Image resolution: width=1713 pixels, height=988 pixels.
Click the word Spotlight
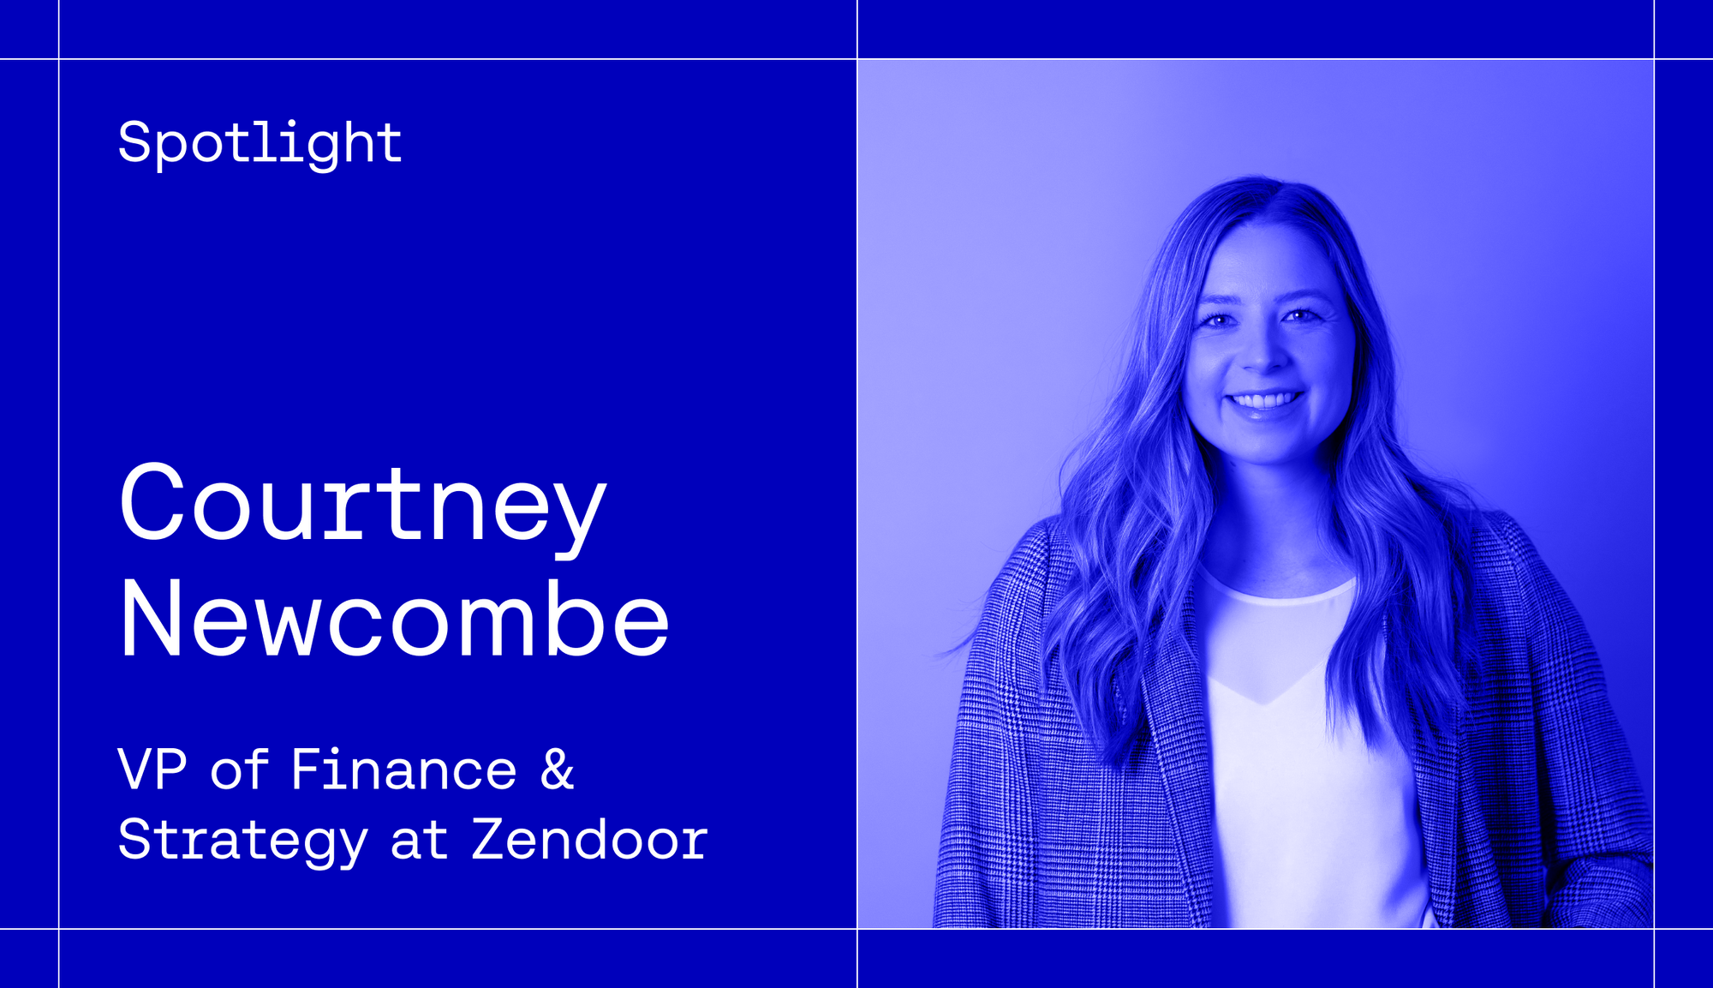click(x=260, y=143)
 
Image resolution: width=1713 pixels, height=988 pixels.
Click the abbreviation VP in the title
click(x=152, y=769)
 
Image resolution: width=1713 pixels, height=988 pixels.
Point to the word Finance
click(x=403, y=769)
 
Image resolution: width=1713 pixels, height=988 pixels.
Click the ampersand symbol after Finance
click(x=558, y=769)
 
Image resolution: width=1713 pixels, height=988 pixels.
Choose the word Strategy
click(x=243, y=841)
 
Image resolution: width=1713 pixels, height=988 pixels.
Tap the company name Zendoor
click(x=589, y=839)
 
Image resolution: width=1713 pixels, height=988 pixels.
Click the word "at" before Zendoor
click(x=419, y=841)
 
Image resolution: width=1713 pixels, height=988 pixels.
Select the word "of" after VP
click(x=239, y=769)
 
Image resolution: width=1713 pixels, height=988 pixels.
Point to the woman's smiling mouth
click(x=1265, y=403)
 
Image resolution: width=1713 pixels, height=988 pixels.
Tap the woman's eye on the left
click(x=1217, y=320)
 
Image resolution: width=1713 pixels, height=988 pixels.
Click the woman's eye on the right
click(x=1300, y=316)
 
